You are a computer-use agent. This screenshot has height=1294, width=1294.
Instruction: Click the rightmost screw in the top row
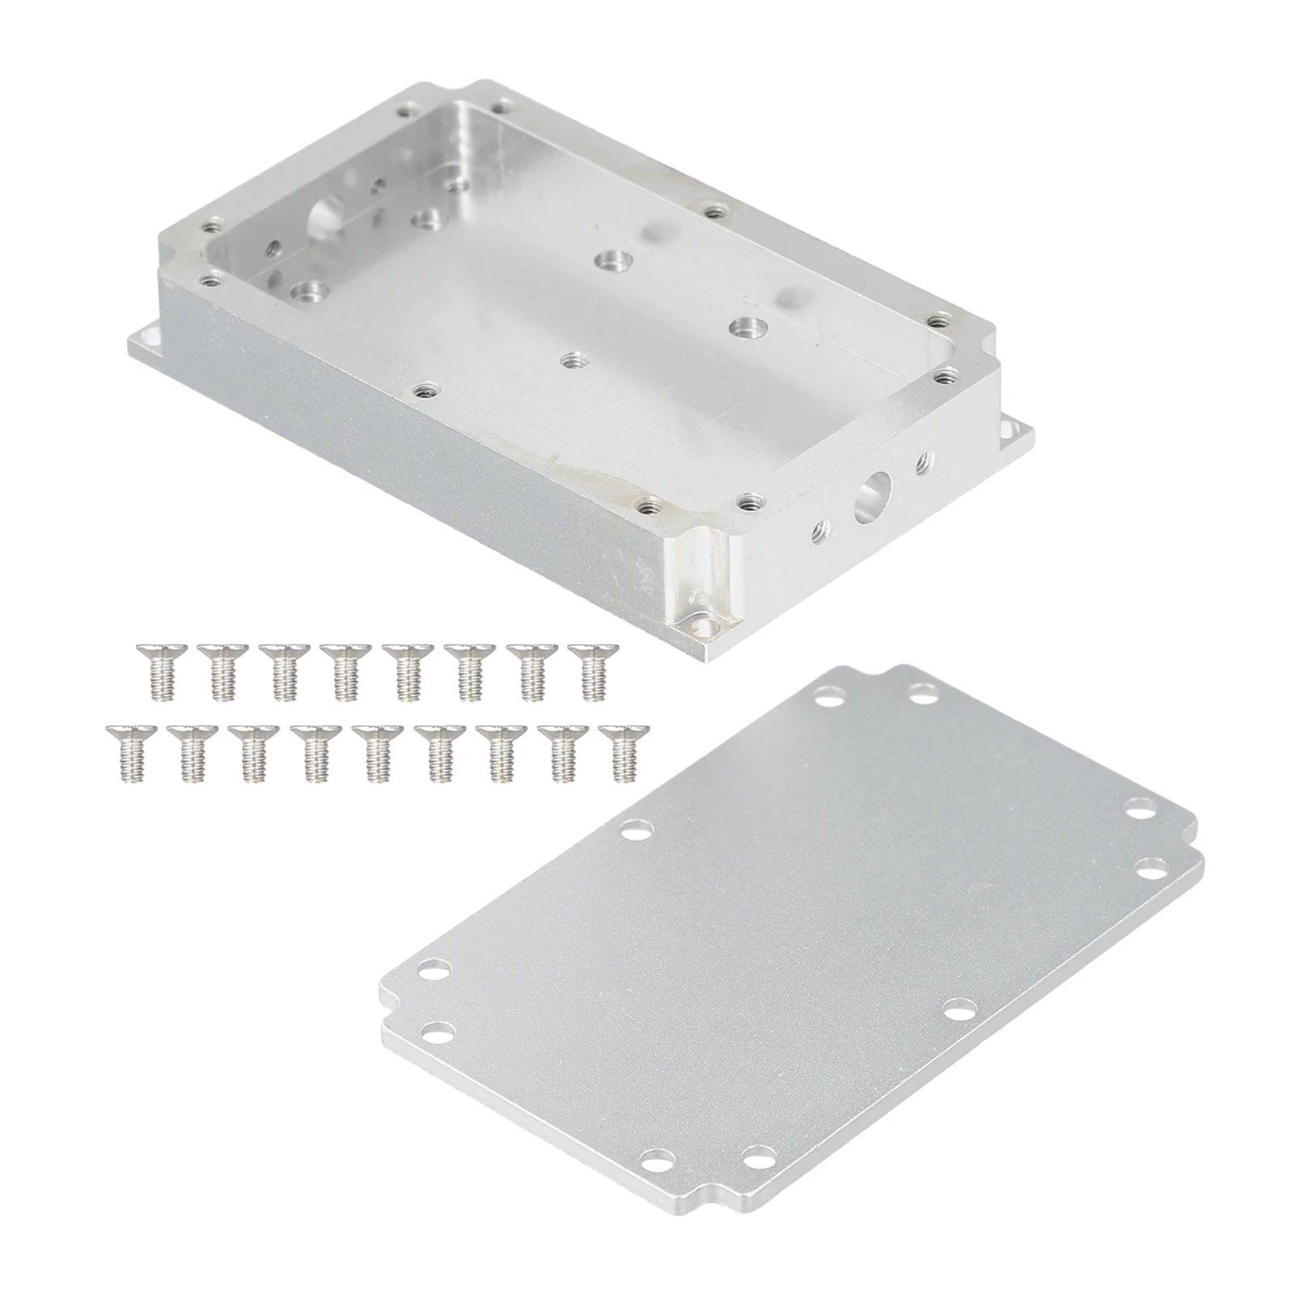click(x=593, y=670)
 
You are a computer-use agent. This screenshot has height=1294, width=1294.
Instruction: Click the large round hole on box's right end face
click(x=872, y=493)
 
